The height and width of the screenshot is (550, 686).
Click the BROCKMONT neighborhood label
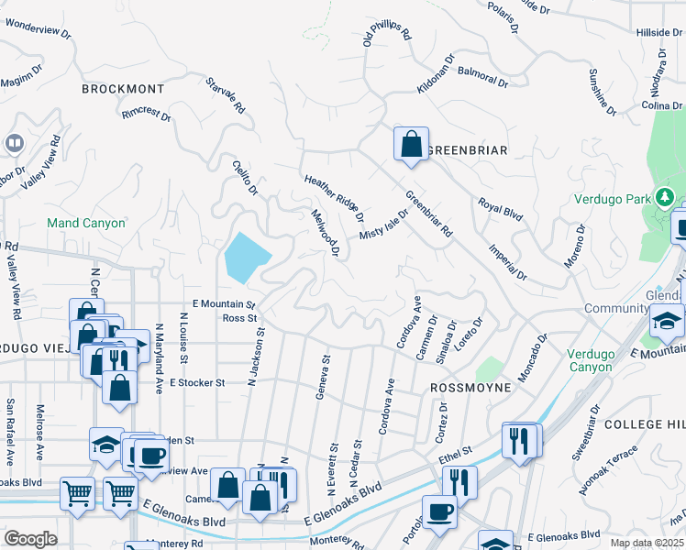click(x=123, y=89)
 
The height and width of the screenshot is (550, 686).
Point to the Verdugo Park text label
click(x=611, y=198)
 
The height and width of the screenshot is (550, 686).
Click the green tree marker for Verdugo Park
click(x=664, y=197)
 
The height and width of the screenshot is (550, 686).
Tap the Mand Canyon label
click(x=86, y=223)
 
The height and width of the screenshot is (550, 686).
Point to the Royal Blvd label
click(x=500, y=209)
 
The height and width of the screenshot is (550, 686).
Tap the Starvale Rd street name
click(x=227, y=95)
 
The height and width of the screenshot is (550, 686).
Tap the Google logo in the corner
click(x=30, y=539)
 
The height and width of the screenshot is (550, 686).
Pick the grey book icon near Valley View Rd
click(x=14, y=143)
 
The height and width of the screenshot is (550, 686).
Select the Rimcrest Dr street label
click(x=146, y=115)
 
